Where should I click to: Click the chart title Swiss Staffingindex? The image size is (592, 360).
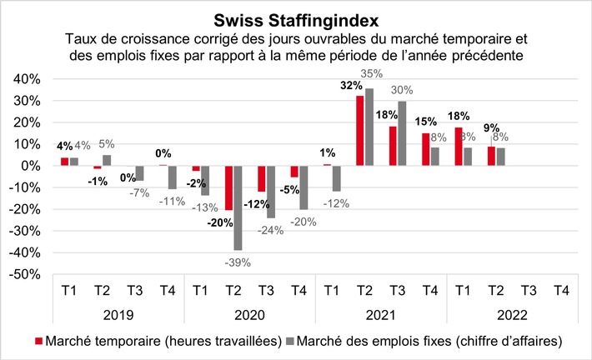point(295,18)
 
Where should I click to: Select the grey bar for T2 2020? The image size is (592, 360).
point(238,207)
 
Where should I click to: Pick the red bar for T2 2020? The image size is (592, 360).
point(228,187)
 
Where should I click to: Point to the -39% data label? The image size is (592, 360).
point(237,262)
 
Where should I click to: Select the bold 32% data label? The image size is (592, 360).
point(351,85)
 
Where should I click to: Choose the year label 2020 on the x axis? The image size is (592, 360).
point(248,317)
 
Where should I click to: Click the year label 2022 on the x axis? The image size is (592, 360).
point(511,317)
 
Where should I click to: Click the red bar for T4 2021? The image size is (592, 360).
point(425,149)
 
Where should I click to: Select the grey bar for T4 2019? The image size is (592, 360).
point(173,177)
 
